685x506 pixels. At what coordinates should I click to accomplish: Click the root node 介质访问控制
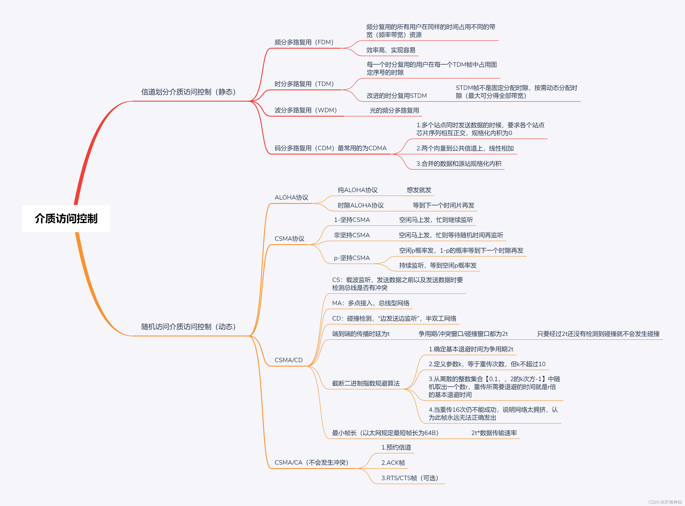coord(66,218)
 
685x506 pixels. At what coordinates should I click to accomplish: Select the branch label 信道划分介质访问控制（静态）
coord(188,92)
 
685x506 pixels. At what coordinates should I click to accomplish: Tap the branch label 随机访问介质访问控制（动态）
coord(188,327)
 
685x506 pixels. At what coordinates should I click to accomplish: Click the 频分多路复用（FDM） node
coord(304,42)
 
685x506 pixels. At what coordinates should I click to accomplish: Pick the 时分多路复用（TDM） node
coord(304,84)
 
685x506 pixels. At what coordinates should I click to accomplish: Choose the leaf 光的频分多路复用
coord(394,110)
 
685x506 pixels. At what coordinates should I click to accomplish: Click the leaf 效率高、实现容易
coord(391,50)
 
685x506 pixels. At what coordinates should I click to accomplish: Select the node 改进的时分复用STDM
coord(397,96)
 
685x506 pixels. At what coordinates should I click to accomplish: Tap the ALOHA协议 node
coord(291,198)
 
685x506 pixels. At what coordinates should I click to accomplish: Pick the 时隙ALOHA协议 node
coord(360,205)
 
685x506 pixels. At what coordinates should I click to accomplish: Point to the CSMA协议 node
coord(289,239)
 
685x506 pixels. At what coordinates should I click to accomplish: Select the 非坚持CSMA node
coord(351,235)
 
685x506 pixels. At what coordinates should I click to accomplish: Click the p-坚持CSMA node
coord(351,258)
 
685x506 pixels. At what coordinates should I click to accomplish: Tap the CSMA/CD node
coord(288,360)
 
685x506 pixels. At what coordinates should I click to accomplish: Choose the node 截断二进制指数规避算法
coord(366,383)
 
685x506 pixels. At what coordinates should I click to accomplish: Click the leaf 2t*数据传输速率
coord(494,433)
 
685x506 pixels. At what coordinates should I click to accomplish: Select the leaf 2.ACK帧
coord(393,463)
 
